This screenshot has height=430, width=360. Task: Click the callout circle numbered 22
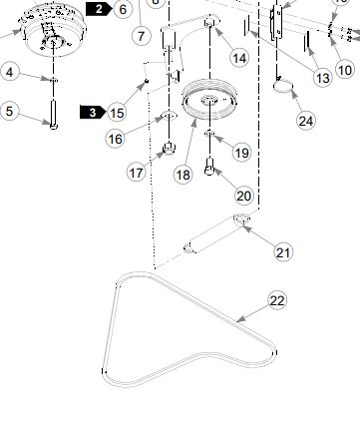click(277, 300)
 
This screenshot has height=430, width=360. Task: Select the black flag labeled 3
click(93, 113)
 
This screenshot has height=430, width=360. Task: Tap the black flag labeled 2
click(99, 9)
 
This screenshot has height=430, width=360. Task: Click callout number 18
click(182, 175)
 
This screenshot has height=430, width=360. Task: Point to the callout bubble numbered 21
click(283, 252)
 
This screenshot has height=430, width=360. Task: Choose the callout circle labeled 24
click(306, 121)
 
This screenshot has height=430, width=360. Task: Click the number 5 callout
click(9, 111)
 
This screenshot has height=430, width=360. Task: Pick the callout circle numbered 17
click(137, 173)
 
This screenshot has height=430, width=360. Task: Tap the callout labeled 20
click(244, 196)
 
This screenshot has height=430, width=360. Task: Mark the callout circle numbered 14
click(239, 58)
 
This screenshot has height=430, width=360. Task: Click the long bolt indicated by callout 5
click(54, 114)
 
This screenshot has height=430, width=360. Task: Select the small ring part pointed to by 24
click(283, 87)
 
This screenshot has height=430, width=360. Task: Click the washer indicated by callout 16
click(169, 116)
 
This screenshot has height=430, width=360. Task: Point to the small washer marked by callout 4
click(54, 80)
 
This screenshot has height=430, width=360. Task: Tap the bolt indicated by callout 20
click(209, 167)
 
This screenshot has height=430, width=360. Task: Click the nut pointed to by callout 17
click(170, 148)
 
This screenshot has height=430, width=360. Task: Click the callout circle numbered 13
click(323, 78)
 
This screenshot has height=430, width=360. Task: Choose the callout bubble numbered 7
click(142, 35)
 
